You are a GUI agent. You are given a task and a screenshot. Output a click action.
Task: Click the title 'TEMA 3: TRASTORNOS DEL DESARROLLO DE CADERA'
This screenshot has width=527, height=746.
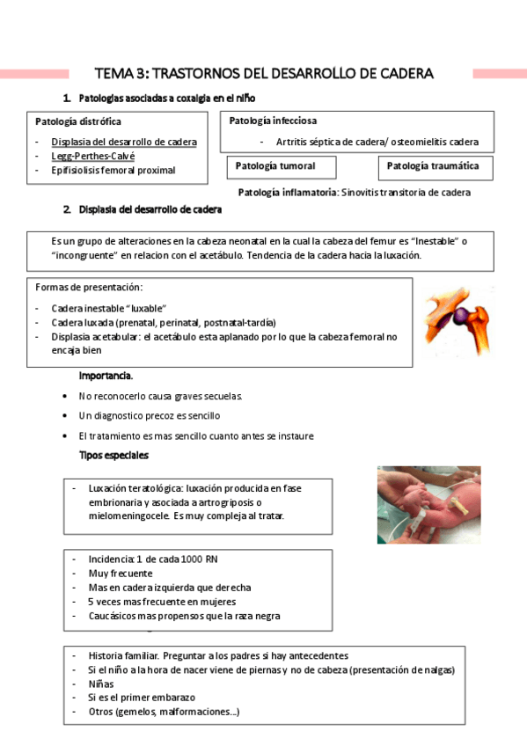click(x=264, y=73)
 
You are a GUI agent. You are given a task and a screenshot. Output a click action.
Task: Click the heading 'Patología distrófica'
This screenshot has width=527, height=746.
click(x=78, y=121)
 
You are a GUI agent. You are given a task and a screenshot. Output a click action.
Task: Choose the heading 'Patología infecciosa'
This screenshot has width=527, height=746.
click(x=273, y=121)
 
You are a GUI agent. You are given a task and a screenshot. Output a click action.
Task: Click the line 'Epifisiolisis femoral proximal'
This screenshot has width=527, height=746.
click(x=113, y=171)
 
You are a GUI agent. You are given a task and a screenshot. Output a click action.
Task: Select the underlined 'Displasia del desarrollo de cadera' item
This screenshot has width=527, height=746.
click(x=124, y=142)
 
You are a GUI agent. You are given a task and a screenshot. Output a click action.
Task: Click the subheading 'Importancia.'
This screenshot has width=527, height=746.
click(x=106, y=377)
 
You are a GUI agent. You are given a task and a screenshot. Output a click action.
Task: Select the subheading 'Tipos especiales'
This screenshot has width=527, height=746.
click(x=113, y=456)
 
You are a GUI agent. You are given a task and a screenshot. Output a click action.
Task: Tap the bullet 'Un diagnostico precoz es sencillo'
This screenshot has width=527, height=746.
click(x=149, y=415)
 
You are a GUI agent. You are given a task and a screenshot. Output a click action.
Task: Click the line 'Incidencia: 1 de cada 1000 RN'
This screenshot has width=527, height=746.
click(x=154, y=559)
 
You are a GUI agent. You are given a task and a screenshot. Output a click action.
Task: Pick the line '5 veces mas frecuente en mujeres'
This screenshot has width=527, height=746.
click(x=162, y=602)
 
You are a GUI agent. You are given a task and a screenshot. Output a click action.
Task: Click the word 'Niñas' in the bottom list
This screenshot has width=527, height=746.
click(x=101, y=684)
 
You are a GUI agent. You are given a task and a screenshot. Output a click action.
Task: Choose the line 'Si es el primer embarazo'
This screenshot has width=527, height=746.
click(x=142, y=698)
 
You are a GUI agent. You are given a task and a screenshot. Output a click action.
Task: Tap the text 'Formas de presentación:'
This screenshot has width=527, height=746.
click(x=88, y=288)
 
